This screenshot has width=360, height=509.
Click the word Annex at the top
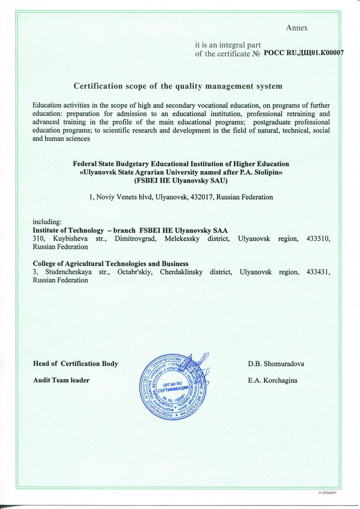pyautogui.click(x=297, y=28)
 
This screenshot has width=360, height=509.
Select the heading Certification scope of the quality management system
pyautogui.click(x=178, y=86)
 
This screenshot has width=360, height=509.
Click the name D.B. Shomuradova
pyautogui.click(x=276, y=363)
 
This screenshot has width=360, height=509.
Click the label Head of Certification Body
pyautogui.click(x=75, y=363)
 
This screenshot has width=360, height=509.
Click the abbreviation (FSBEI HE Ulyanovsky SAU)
pyautogui.click(x=180, y=180)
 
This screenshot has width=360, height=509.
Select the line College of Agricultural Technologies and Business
pyautogui.click(x=110, y=263)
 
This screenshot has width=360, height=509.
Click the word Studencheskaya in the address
pyautogui.click(x=69, y=272)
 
